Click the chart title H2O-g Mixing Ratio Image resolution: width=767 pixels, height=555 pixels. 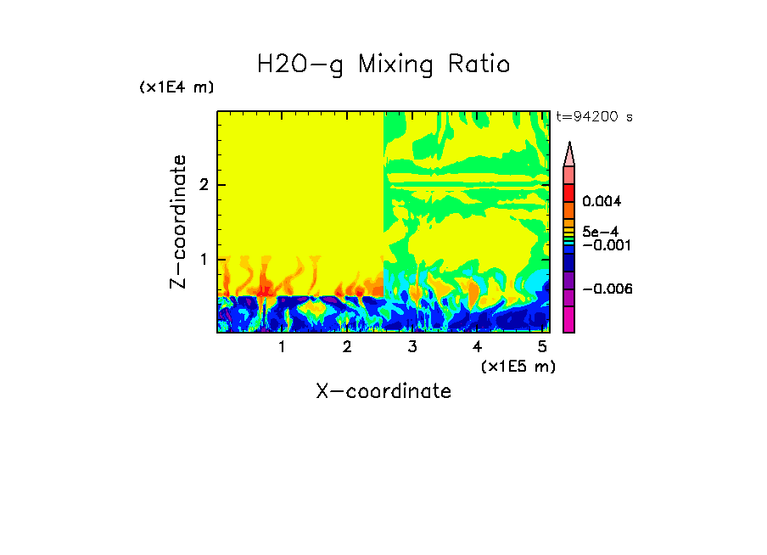(383, 64)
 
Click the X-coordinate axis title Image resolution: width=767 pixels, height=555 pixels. (383, 391)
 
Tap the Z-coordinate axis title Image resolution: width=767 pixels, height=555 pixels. (178, 221)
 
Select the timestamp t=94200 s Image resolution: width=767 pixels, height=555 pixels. (594, 117)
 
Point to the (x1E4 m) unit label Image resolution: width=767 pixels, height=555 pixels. (176, 87)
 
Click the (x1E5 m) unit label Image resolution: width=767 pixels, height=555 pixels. (518, 366)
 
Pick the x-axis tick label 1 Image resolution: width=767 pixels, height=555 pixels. (282, 347)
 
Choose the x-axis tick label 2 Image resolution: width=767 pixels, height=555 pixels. (347, 347)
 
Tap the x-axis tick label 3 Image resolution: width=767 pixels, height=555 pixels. (412, 347)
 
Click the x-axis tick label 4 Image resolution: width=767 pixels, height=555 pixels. (477, 347)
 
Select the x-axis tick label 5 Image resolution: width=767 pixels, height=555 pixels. (542, 347)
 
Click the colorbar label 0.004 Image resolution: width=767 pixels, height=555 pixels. (602, 202)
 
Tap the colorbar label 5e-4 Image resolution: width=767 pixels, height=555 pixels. (600, 232)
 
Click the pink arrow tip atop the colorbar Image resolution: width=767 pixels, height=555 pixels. (569, 153)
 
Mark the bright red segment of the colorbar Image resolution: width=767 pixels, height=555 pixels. (569, 193)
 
